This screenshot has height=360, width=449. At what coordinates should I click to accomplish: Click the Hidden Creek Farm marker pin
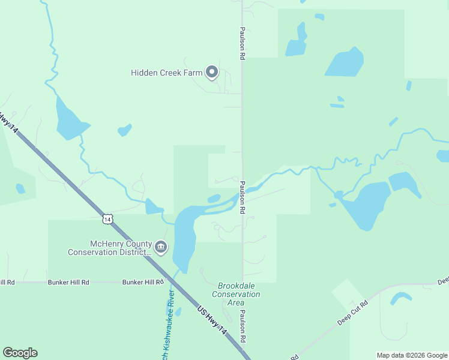pos(211,73)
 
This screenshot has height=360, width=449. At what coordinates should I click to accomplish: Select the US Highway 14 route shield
pos(107,220)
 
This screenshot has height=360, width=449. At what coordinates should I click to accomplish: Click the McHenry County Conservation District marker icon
pos(161,247)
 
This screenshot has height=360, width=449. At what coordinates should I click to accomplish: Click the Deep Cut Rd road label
pos(352,313)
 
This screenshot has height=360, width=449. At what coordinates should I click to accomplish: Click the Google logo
pos(20,353)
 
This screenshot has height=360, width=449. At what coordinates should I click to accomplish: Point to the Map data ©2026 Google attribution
pos(411,355)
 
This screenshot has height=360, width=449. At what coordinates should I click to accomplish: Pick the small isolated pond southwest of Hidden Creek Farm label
pos(124,130)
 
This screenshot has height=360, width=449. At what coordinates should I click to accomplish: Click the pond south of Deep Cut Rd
pos(401,298)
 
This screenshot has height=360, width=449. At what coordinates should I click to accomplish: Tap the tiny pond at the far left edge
pos(20,189)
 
